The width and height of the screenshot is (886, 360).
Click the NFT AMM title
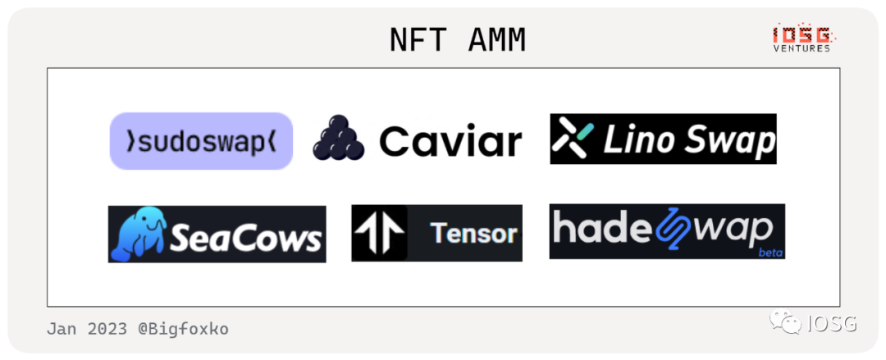(458, 40)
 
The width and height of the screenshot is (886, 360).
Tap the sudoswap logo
(201, 141)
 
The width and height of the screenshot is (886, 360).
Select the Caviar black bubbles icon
(339, 138)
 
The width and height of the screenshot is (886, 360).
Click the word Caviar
(450, 141)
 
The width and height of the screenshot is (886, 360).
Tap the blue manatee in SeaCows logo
(138, 235)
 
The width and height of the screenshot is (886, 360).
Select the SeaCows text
(245, 238)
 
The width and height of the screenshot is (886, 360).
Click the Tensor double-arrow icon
(378, 234)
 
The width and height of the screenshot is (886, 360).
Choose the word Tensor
(474, 234)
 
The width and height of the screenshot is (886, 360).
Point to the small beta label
(770, 253)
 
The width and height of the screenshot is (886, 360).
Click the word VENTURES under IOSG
(802, 48)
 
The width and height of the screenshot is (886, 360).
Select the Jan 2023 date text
(87, 329)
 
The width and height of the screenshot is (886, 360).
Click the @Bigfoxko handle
(183, 329)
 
